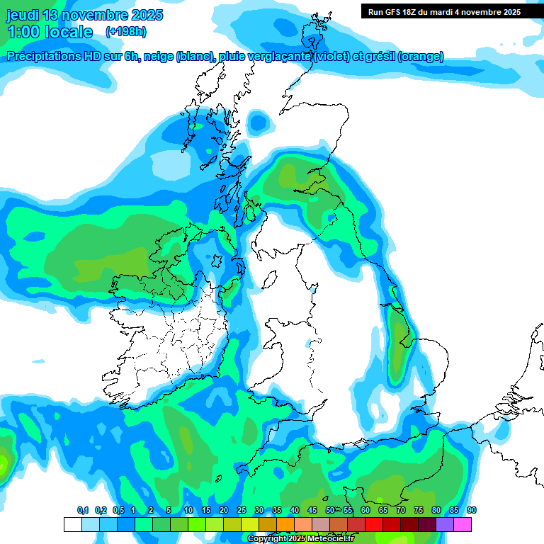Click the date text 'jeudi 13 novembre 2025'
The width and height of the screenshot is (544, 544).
pos(84,15)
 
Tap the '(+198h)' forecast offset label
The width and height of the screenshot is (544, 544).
pos(126,31)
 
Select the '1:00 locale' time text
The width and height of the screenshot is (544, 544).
pos(50,32)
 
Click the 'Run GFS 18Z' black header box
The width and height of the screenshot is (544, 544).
pos(444,12)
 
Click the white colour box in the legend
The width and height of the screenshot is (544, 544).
pos(72,524)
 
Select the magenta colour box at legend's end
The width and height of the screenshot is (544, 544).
pos(463,524)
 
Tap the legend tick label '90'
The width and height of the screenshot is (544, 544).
pos(471,510)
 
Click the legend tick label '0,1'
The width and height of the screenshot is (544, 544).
pos(82,510)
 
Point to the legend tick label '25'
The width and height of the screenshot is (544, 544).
pos(242,510)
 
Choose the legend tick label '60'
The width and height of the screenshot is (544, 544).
pos(365,510)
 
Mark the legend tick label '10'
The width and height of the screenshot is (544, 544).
pos(188,510)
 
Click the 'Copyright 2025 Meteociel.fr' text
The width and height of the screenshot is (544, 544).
pos(300,538)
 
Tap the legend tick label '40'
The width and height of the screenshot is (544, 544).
pos(295,510)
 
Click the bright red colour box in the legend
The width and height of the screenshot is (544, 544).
pos(374,524)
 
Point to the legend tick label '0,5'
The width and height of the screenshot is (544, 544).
pos(118,510)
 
